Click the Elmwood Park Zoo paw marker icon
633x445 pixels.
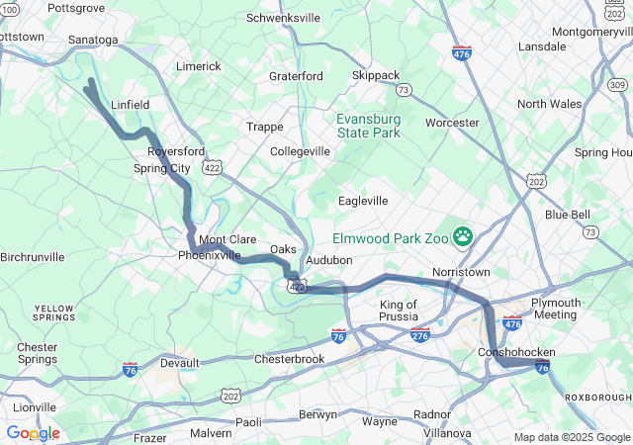(x=462, y=236)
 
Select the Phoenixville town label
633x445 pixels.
(x=210, y=255)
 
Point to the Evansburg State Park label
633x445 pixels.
(x=369, y=125)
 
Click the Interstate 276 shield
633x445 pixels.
(x=419, y=336)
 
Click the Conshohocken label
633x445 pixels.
(x=516, y=352)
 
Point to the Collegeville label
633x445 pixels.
(x=301, y=151)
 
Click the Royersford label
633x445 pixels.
(x=176, y=151)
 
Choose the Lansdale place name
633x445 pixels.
(x=542, y=46)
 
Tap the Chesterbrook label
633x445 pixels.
(x=289, y=359)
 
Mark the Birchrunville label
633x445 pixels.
(x=33, y=257)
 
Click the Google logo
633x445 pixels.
(x=33, y=433)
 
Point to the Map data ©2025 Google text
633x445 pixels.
(x=571, y=437)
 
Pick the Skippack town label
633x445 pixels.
(x=377, y=75)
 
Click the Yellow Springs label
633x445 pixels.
(x=53, y=313)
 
